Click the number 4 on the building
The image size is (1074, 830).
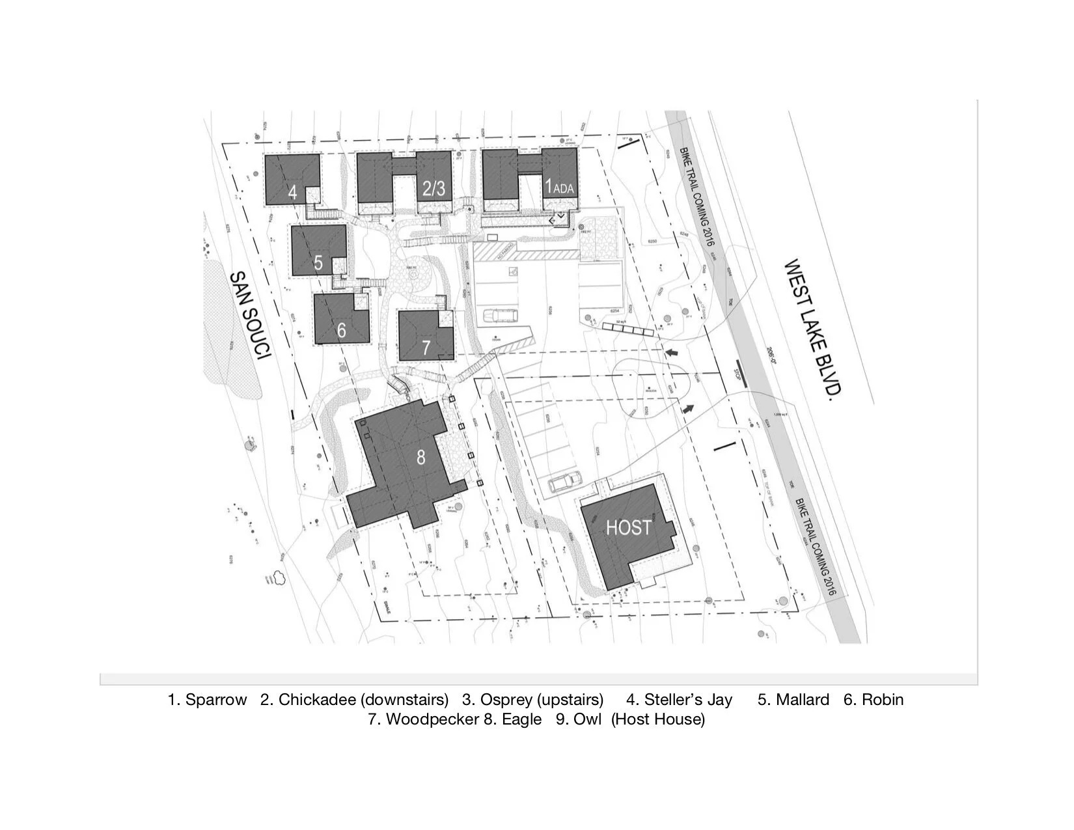(293, 193)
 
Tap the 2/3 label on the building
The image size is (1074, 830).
(434, 188)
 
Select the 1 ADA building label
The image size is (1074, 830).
(559, 187)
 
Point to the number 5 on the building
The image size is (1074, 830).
(318, 262)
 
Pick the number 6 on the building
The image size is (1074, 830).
(342, 330)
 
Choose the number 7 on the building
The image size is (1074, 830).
(426, 347)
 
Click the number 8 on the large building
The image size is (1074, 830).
(421, 457)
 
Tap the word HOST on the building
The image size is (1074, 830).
(628, 527)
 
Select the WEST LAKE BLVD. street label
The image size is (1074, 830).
(813, 330)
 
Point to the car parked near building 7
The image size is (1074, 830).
(498, 317)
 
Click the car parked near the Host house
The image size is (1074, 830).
(564, 482)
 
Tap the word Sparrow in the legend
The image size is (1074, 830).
(216, 700)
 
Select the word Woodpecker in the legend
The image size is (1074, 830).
(432, 719)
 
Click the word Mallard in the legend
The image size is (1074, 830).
(803, 700)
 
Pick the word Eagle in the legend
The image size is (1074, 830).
(521, 719)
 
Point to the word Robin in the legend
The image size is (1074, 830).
(883, 700)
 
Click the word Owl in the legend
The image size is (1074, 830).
(587, 719)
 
